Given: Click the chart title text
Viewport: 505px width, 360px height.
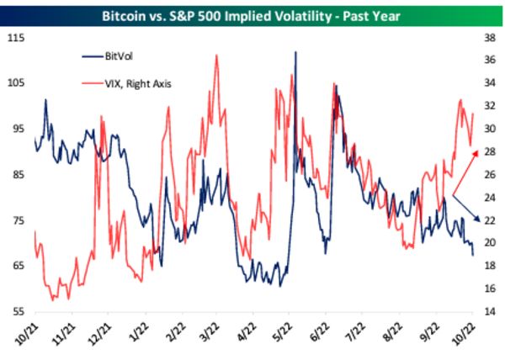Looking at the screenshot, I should point(252,14).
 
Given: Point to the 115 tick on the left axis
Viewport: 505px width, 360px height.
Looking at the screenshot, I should point(16,38).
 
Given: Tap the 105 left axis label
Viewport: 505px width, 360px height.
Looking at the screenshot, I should point(16,83).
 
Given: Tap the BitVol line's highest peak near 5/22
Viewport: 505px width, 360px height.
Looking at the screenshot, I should point(295,52).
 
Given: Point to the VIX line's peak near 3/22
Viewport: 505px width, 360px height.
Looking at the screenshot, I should point(217,56).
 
